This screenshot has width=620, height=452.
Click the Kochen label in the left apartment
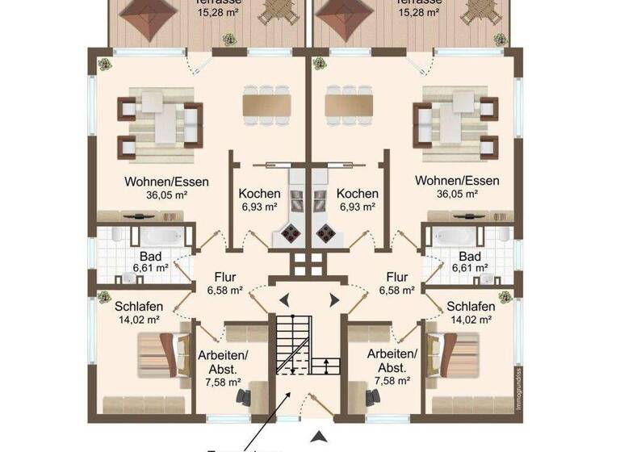point(259,194)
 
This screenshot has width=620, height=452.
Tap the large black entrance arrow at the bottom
point(320,438)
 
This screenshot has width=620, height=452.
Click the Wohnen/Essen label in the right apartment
point(457,182)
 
